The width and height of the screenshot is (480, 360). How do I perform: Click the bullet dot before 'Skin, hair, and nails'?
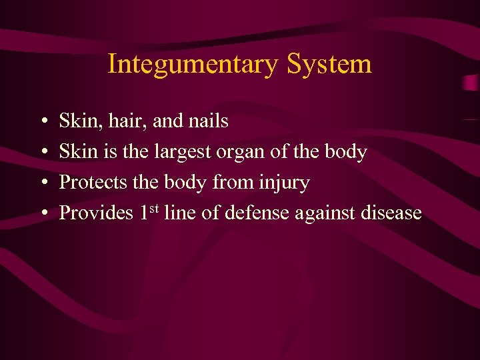click(42, 122)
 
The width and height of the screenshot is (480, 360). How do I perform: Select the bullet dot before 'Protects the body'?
click(42, 183)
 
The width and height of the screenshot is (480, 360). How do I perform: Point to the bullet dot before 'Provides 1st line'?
click(42, 214)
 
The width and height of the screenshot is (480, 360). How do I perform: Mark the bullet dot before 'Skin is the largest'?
click(42, 153)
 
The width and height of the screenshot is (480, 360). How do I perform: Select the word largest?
click(182, 153)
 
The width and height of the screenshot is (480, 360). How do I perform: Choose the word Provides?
click(96, 213)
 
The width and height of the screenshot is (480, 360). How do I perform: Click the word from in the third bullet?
click(230, 183)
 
